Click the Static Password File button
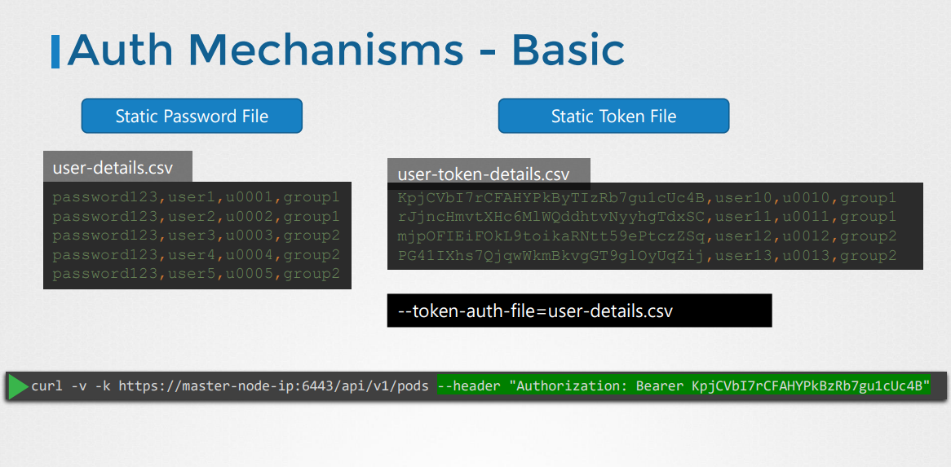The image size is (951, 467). click(192, 116)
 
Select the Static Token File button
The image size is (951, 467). click(613, 116)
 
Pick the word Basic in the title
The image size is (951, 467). click(568, 50)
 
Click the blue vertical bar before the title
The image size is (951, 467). click(55, 51)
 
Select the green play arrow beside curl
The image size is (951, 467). click(18, 385)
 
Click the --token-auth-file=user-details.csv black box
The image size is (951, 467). click(579, 311)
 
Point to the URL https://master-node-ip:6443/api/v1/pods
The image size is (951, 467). click(273, 385)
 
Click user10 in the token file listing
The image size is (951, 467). click(743, 198)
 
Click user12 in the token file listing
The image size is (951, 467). click(743, 236)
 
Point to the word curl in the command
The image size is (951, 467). click(46, 385)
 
